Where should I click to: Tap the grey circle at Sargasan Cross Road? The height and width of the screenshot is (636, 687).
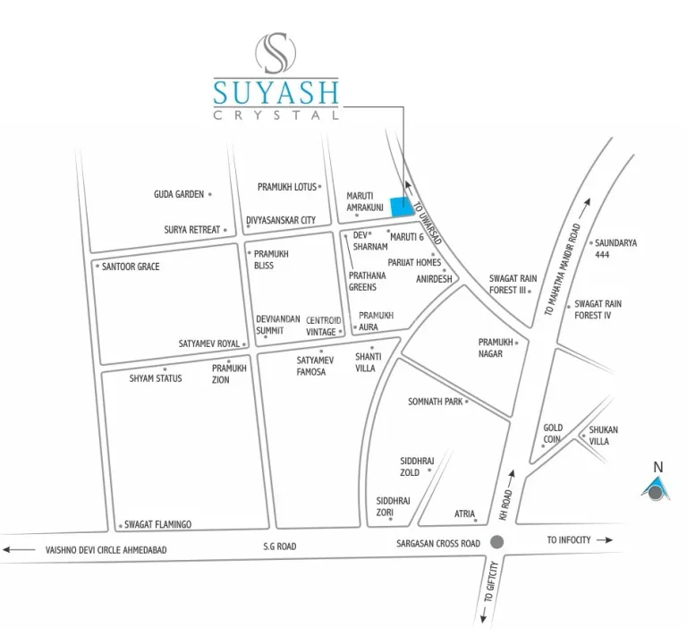click(498, 542)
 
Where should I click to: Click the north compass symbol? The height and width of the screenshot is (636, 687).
click(657, 488)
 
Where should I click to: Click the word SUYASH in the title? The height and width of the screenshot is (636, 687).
click(276, 92)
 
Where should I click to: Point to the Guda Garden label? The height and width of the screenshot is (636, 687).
click(179, 194)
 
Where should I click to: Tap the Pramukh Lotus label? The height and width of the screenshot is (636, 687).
click(287, 187)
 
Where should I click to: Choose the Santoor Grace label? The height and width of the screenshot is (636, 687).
click(131, 267)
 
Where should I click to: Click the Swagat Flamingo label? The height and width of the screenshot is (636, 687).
click(158, 525)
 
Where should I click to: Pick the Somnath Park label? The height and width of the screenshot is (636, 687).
click(435, 403)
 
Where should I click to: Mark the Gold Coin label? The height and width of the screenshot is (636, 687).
click(553, 434)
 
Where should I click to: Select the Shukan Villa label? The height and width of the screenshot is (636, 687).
click(603, 435)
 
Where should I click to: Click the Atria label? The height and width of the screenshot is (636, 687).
click(464, 514)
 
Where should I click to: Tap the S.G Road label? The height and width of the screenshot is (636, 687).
click(280, 546)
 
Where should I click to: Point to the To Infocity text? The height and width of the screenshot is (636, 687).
click(569, 540)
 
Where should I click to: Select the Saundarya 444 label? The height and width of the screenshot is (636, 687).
click(615, 248)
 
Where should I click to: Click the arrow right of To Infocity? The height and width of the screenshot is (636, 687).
click(604, 540)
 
